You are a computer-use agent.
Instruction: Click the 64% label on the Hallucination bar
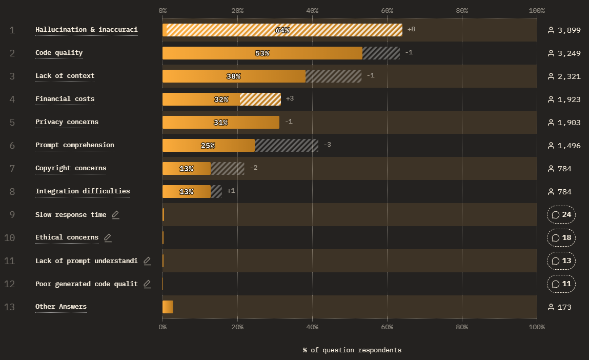[282, 30]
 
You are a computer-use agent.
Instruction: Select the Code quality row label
[59, 53]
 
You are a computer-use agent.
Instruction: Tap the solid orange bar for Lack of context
[234, 76]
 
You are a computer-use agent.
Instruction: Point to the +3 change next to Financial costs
[290, 98]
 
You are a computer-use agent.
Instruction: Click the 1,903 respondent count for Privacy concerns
[568, 123]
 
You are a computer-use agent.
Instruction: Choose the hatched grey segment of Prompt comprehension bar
[287, 146]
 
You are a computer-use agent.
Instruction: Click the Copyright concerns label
[71, 168]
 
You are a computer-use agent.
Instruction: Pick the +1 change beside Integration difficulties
[231, 191]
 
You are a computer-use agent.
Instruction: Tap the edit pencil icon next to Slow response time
[116, 214]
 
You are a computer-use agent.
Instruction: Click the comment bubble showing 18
[561, 237]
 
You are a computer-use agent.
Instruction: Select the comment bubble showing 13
[561, 261]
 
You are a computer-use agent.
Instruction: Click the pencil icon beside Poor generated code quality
[147, 284]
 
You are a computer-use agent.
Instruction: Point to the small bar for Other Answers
[168, 307]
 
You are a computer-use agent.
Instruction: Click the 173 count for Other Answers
[564, 307]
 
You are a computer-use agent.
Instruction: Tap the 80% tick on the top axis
[462, 11]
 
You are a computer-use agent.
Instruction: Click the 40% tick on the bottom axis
[312, 327]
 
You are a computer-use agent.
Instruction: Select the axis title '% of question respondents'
[352, 350]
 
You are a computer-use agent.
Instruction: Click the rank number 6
[12, 146]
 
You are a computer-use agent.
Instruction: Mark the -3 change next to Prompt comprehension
[327, 145]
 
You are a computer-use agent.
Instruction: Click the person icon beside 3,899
[551, 30]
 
